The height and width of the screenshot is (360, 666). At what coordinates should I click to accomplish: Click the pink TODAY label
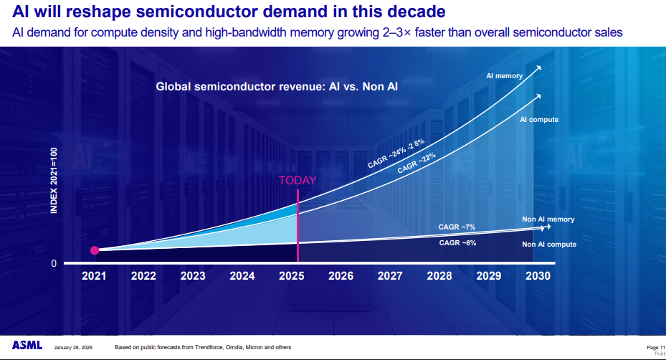click(x=297, y=181)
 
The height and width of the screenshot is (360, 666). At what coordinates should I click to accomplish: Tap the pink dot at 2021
click(x=95, y=250)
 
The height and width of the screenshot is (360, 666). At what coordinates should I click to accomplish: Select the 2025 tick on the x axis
click(x=291, y=276)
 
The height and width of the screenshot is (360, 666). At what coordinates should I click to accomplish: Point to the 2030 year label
click(x=538, y=276)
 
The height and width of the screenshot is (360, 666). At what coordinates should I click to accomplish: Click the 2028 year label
click(x=439, y=276)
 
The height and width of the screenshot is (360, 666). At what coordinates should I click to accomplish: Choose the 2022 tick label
click(x=143, y=276)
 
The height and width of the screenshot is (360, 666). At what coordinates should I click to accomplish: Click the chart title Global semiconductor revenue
click(x=277, y=87)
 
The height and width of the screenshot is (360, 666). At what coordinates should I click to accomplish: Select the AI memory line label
click(x=505, y=75)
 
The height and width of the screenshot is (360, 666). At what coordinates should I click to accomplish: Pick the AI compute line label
click(x=539, y=120)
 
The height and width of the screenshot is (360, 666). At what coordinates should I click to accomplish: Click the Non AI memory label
click(x=548, y=219)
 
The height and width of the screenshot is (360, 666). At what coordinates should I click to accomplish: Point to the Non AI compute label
click(x=549, y=245)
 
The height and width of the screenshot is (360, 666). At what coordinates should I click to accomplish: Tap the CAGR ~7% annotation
click(x=457, y=227)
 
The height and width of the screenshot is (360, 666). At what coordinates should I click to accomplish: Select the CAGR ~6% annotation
click(x=457, y=243)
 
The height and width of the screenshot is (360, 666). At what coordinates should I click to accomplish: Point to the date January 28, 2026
click(x=73, y=348)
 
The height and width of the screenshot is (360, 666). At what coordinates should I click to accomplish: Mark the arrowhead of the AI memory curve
click(x=538, y=67)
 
